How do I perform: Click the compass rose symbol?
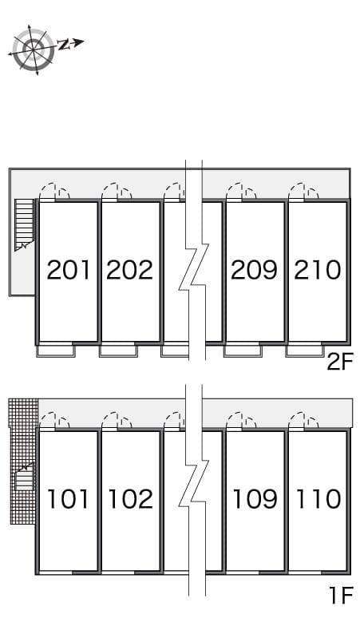pos(34,50)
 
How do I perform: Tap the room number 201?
pos(69,270)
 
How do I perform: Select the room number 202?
pos(129,270)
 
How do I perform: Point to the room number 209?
pos(254,270)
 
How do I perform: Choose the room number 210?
pos(317,270)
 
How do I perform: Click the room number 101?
pos(69,499)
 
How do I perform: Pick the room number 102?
pos(129,499)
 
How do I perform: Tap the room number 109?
pos(255,499)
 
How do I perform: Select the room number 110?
pos(318,499)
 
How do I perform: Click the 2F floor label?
pos(339,362)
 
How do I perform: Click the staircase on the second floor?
pos(25,224)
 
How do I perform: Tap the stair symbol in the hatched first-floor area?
pos(25,479)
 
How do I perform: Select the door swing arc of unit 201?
pos(54,191)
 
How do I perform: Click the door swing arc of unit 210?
pos(304,191)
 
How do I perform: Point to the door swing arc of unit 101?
pos(54,420)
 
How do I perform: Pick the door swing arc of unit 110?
pos(304,420)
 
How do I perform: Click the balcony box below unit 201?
pos(56,350)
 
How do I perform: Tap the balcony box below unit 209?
pos(243,350)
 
